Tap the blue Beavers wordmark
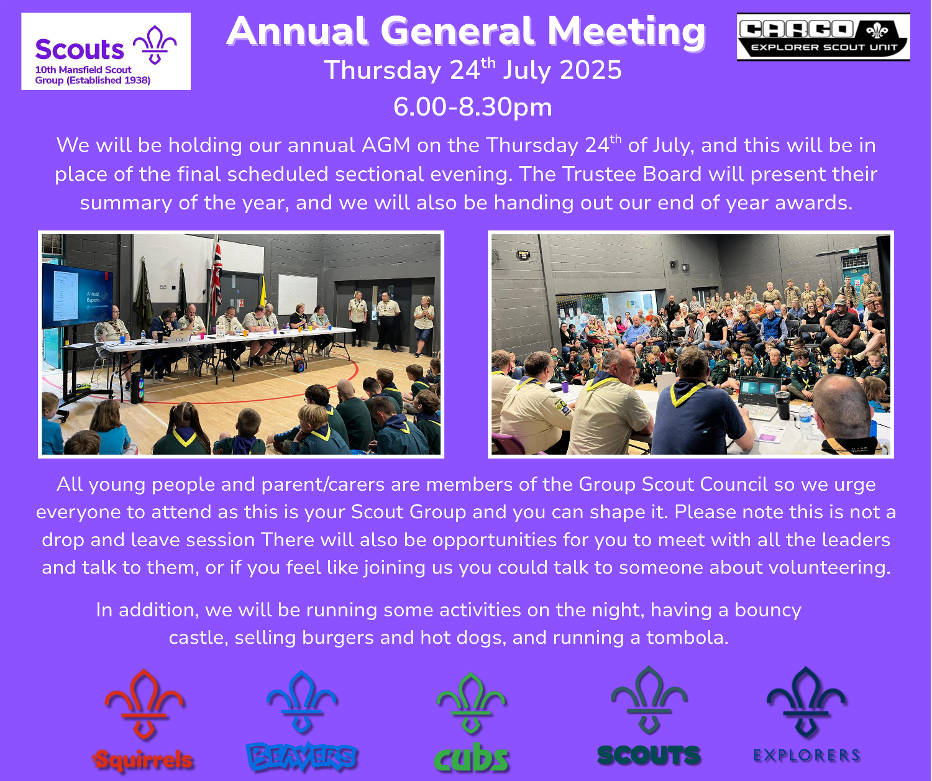[x=302, y=756]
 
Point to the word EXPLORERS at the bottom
[x=806, y=755]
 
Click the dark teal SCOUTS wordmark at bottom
[x=649, y=755]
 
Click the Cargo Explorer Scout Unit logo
[x=823, y=37]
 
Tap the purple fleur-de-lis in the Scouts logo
[x=155, y=45]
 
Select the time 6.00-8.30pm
[x=472, y=107]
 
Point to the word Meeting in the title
[x=627, y=31]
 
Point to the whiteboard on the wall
[x=298, y=295]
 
